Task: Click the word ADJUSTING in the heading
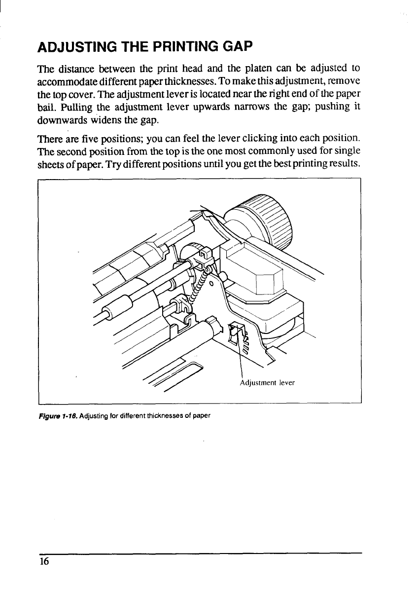coord(71,48)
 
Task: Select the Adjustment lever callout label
coord(267,382)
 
